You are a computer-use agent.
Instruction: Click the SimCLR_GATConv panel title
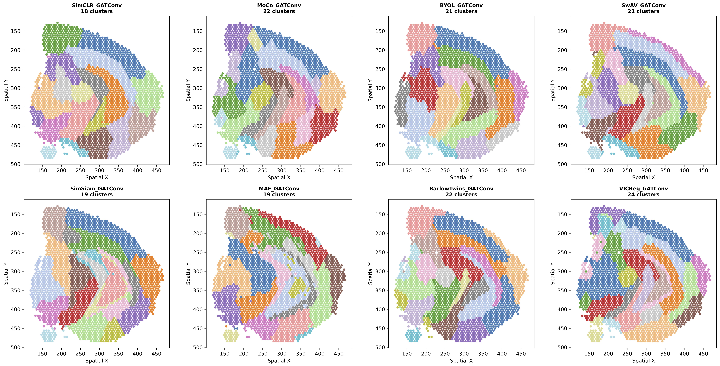click(97, 5)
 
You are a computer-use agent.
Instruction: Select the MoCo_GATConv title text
click(279, 5)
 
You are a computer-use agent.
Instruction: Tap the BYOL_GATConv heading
click(461, 5)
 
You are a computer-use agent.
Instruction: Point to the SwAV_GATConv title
click(643, 5)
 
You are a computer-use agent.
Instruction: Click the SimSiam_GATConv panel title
click(97, 189)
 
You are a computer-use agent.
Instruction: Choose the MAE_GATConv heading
click(279, 189)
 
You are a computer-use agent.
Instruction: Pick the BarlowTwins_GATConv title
click(461, 189)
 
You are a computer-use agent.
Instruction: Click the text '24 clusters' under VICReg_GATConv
click(643, 194)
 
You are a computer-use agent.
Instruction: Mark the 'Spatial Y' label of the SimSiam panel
click(6, 273)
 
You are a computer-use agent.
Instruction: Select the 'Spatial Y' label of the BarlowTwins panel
click(371, 273)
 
